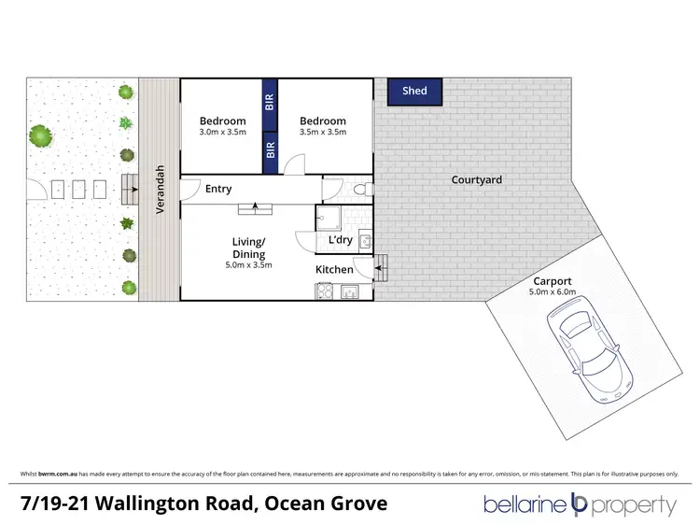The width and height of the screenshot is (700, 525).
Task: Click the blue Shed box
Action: [414, 91]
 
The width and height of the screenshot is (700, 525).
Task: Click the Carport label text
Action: [553, 280]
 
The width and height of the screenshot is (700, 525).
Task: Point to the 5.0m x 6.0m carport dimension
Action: [553, 292]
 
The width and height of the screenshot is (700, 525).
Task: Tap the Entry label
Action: [218, 190]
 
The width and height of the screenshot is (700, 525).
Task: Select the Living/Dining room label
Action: [249, 248]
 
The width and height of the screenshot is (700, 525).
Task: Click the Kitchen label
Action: [334, 270]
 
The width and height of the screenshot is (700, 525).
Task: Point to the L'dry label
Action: [340, 240]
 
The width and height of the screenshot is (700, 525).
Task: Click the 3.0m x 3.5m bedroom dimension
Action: [222, 133]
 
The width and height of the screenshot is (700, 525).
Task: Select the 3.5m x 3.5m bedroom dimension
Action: [322, 133]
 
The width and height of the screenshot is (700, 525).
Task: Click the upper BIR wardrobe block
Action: [270, 104]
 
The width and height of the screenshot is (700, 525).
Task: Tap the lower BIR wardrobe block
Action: [270, 149]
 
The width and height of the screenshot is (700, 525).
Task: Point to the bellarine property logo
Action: [579, 505]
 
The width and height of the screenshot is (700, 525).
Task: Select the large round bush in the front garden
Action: [40, 136]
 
